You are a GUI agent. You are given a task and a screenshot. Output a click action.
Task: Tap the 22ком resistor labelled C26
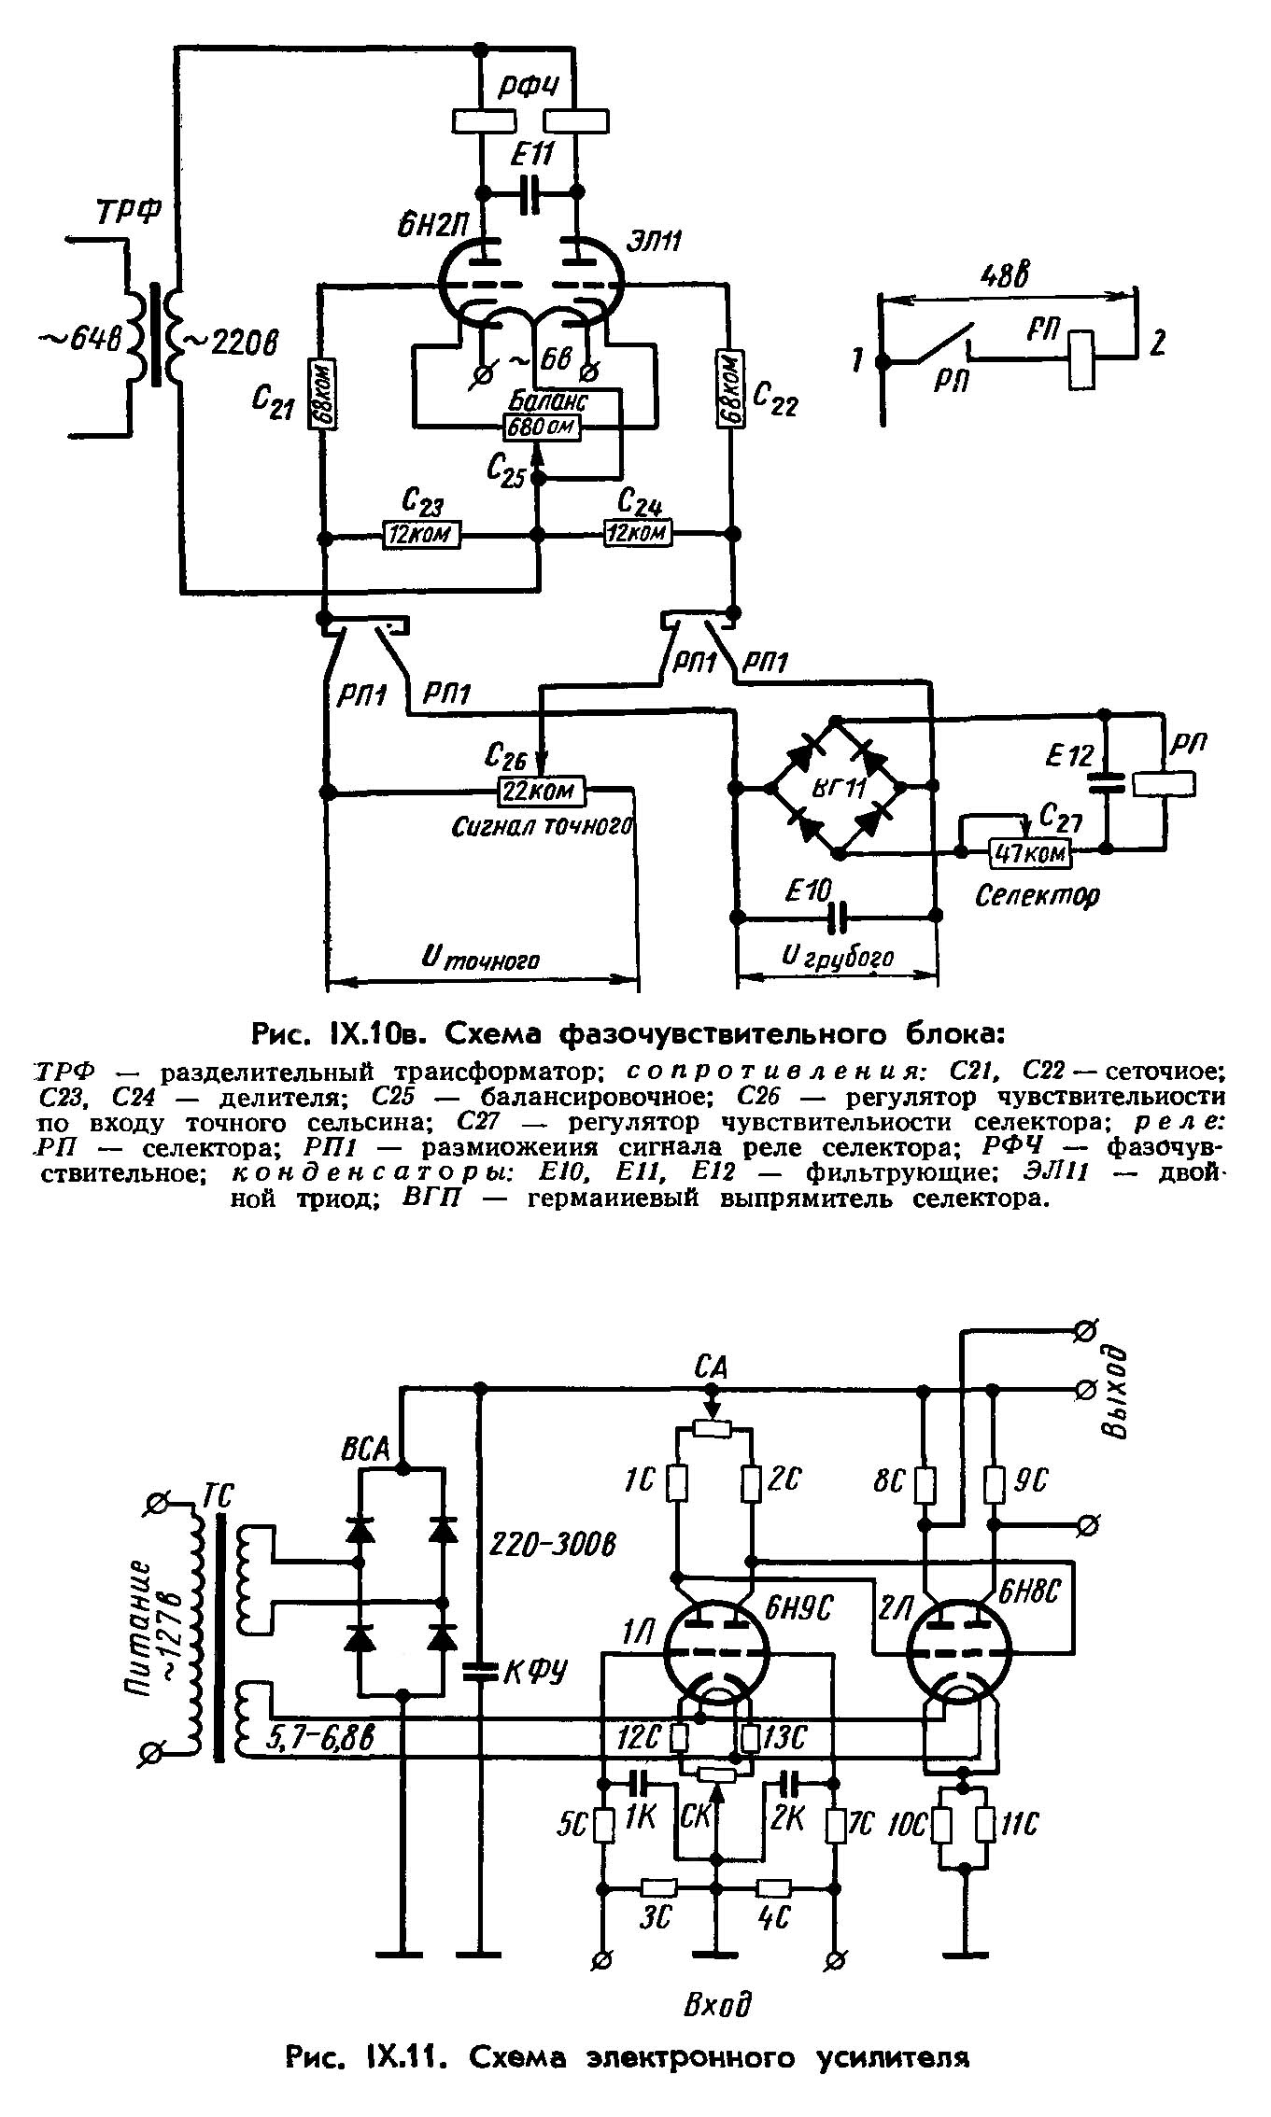[541, 792]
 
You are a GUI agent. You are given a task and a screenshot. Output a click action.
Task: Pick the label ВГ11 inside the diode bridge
[838, 787]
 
